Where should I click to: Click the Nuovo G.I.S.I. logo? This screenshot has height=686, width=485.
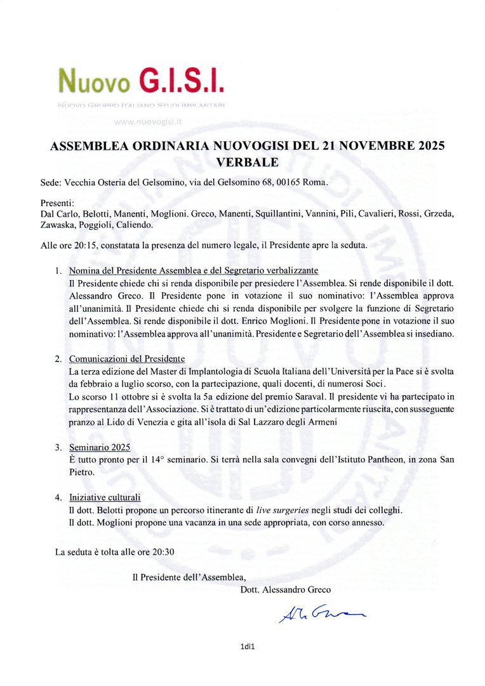pos(140,82)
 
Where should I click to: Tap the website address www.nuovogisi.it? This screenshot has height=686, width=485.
pos(146,120)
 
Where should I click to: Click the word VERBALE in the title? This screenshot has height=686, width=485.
pos(247,162)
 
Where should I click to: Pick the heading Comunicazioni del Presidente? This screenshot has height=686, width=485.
pos(126,359)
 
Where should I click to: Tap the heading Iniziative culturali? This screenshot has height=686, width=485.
pos(105,497)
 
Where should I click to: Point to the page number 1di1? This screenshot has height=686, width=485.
pos(247,647)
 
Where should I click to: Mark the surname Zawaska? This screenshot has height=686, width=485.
pos(58,225)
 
